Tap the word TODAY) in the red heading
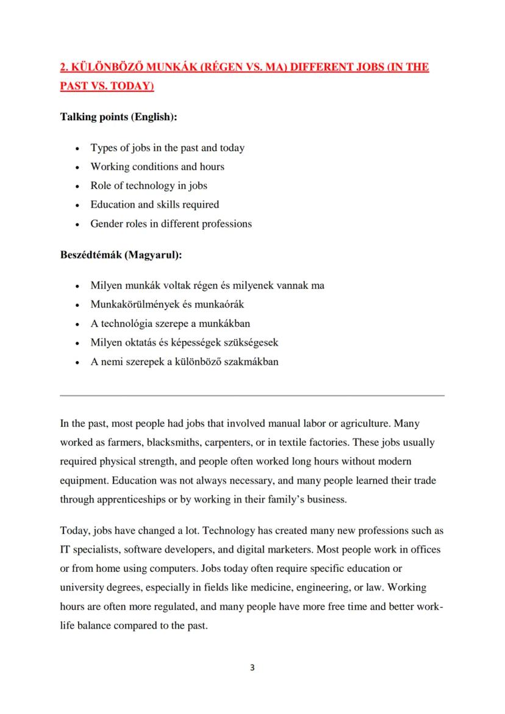(129, 86)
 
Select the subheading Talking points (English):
(118, 116)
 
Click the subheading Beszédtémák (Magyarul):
(121, 254)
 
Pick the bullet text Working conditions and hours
(157, 166)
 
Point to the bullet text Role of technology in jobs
(149, 185)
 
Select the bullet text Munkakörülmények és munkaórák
(167, 304)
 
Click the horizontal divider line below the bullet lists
(252, 396)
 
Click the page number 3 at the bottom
(252, 668)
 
